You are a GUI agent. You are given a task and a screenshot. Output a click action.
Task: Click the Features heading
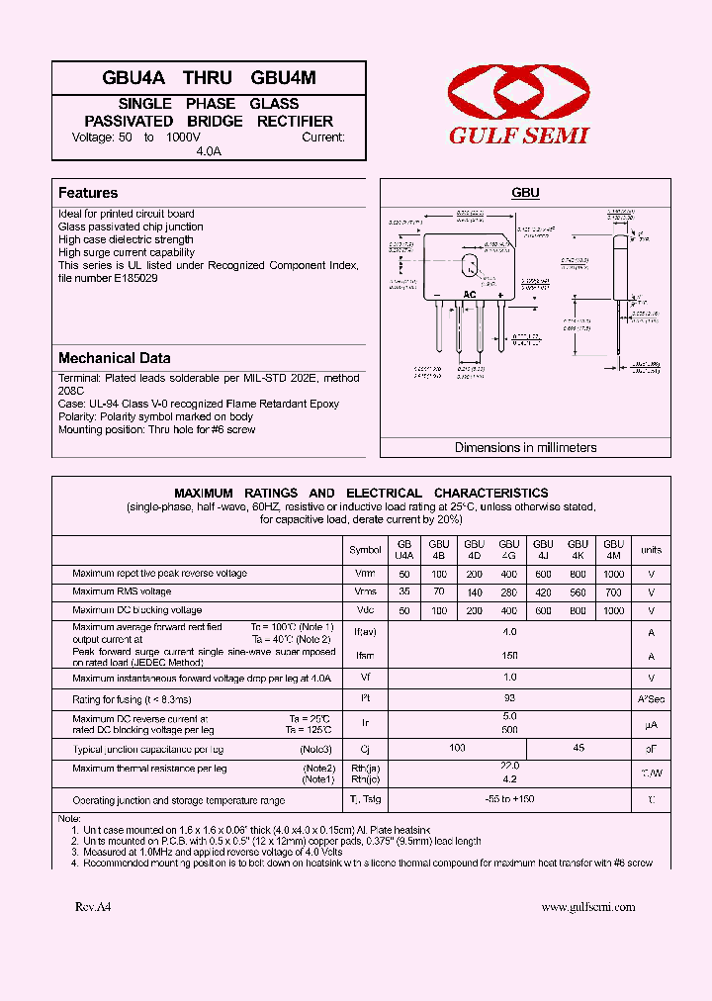click(88, 193)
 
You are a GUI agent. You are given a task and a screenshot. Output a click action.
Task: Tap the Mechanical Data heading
click(115, 358)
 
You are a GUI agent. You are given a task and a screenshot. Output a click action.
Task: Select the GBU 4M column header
click(613, 550)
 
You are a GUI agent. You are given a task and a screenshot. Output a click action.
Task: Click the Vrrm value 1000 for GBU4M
click(613, 574)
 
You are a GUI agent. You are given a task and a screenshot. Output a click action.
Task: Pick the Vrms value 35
click(403, 591)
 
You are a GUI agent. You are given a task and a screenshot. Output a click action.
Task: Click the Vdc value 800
click(578, 610)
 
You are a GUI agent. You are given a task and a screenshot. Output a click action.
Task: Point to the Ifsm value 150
click(509, 656)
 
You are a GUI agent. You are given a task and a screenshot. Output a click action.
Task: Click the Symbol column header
click(365, 550)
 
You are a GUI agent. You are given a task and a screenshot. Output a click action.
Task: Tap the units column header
click(651, 550)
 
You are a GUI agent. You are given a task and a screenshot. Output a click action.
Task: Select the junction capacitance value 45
click(578, 749)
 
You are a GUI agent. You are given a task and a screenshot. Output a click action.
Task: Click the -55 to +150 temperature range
click(510, 799)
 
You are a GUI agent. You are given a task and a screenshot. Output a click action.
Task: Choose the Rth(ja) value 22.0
click(509, 766)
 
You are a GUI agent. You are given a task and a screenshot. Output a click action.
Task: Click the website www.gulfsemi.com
click(588, 906)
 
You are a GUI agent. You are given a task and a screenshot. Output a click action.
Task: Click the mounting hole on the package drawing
click(470, 265)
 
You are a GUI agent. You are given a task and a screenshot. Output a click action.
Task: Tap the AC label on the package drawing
click(470, 295)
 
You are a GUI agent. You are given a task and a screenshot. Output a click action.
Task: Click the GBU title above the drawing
click(525, 194)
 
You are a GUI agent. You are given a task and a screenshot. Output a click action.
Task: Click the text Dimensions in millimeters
click(525, 447)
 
